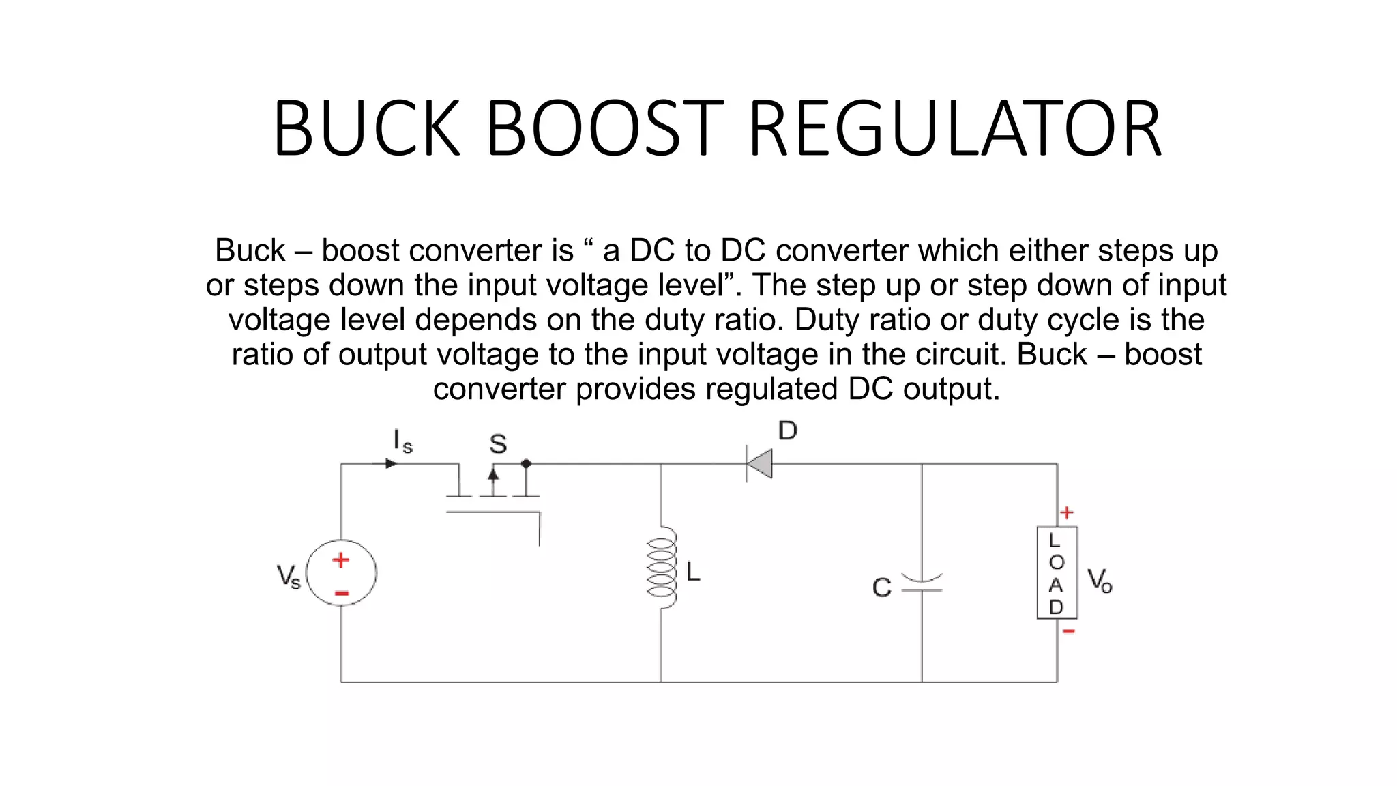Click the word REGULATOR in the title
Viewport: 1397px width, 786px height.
pyautogui.click(x=955, y=129)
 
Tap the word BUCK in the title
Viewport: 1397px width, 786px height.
pyautogui.click(x=367, y=129)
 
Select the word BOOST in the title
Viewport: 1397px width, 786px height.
pyautogui.click(x=604, y=129)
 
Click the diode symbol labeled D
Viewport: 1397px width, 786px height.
pyautogui.click(x=759, y=464)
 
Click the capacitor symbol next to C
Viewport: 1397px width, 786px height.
pyautogui.click(x=922, y=583)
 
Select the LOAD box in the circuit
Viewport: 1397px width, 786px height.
pyautogui.click(x=1057, y=573)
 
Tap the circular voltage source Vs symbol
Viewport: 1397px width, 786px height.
pyautogui.click(x=341, y=573)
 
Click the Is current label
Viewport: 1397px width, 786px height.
pyautogui.click(x=402, y=442)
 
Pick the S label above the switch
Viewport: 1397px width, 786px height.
pyautogui.click(x=498, y=445)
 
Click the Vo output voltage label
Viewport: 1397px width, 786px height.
pyautogui.click(x=1099, y=581)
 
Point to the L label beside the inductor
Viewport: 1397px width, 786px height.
pyautogui.click(x=693, y=572)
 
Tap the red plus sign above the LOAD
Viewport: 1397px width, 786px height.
pyautogui.click(x=1067, y=512)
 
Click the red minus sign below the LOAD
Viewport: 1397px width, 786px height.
pyautogui.click(x=1068, y=632)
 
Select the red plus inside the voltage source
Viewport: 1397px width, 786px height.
pyautogui.click(x=341, y=560)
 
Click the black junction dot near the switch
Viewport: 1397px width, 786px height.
pyautogui.click(x=526, y=464)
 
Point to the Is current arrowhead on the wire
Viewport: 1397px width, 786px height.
pyautogui.click(x=391, y=464)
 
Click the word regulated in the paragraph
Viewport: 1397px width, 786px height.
pyautogui.click(x=774, y=389)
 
